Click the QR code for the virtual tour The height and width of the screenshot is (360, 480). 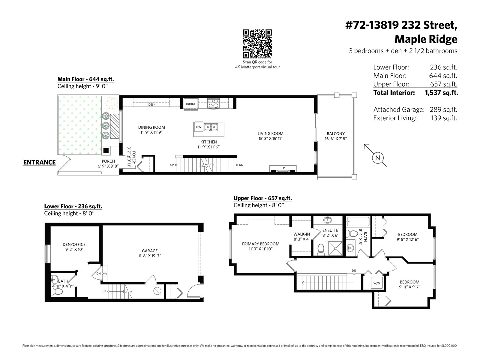[257, 44]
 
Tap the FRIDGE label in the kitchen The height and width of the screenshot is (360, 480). [190, 104]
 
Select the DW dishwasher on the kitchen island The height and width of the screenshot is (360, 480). [199, 127]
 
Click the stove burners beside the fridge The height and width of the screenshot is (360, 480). [213, 103]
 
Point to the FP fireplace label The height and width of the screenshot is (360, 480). [283, 168]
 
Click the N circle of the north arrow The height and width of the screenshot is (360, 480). [378, 158]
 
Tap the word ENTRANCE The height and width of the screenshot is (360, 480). [39, 162]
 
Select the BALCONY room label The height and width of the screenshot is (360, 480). [336, 134]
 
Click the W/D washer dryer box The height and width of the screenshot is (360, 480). [376, 283]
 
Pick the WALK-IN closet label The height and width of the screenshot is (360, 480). [301, 234]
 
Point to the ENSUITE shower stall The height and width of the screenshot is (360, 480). [335, 248]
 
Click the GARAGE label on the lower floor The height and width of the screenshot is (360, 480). [150, 251]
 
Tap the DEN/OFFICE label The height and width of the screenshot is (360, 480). [74, 244]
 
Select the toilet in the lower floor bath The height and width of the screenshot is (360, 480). [57, 291]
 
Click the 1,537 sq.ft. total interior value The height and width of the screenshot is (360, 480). [441, 93]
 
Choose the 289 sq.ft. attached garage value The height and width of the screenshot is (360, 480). [443, 109]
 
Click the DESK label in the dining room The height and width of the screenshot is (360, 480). [152, 105]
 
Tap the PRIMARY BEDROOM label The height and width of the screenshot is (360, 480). [261, 244]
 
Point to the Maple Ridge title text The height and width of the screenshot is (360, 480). [426, 39]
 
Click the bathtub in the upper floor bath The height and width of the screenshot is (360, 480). [358, 222]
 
